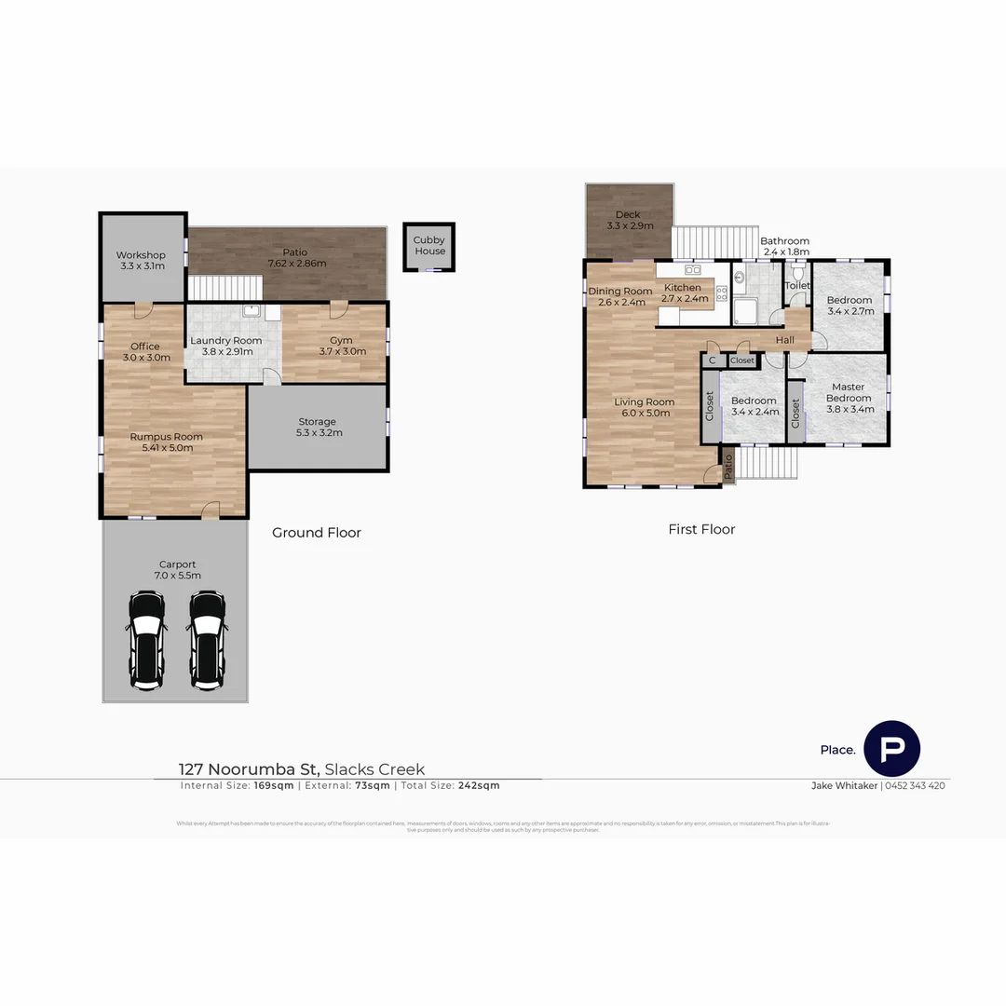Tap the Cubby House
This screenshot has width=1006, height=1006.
point(429,246)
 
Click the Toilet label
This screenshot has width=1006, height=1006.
point(797,286)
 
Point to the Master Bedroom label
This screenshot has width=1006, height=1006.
point(849,392)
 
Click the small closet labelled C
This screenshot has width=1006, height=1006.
point(713,360)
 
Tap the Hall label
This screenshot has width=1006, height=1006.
point(785,340)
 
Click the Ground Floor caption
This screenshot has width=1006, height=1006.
point(317,533)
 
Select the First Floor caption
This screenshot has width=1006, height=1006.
point(701,529)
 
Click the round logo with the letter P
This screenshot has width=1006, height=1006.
point(891,749)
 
